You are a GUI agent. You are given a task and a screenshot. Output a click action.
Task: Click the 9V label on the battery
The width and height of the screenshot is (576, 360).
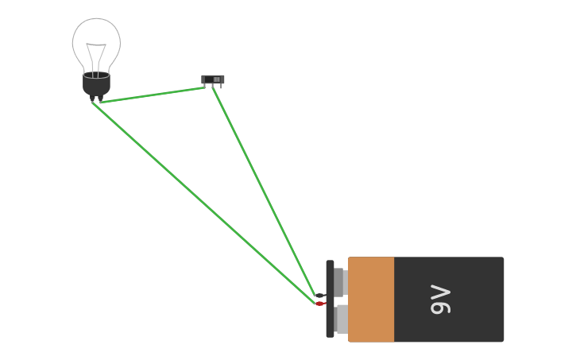[x=441, y=300]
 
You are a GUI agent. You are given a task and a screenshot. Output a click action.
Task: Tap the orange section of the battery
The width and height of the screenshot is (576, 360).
[x=371, y=300]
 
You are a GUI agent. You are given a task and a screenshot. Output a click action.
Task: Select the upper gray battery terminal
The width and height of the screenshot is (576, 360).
[x=339, y=281]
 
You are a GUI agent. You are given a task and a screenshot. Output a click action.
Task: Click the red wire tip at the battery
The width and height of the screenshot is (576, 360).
[x=319, y=304]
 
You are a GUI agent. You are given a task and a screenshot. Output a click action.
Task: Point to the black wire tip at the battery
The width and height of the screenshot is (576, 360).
[x=319, y=296]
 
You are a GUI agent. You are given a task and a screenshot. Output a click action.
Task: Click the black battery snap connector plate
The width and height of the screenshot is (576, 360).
[x=330, y=299]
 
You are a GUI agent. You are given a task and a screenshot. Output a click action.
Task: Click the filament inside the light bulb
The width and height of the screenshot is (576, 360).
[x=96, y=56]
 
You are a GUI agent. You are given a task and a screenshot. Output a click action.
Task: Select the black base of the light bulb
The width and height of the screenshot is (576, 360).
[x=96, y=84]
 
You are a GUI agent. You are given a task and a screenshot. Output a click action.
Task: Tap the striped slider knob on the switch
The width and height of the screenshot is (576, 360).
[x=216, y=79]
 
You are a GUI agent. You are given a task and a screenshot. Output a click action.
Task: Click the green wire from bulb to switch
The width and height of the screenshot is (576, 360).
[x=151, y=95]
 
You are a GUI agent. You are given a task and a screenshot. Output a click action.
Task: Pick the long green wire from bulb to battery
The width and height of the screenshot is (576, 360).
[x=203, y=203]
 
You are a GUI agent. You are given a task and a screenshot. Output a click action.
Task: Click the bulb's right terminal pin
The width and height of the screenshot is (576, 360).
[x=100, y=99]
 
